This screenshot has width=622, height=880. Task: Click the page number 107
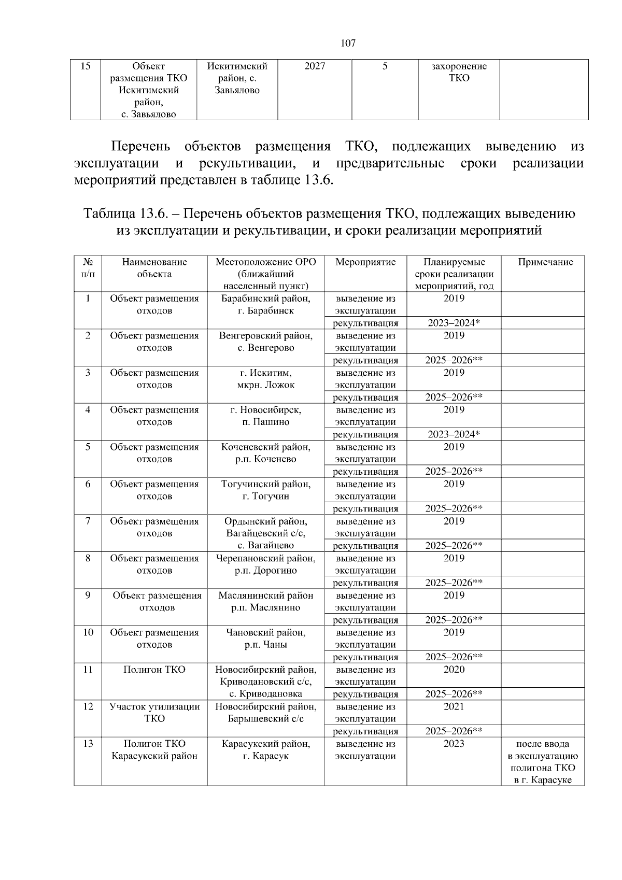click(x=348, y=43)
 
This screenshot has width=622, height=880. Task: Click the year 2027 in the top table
click(x=315, y=66)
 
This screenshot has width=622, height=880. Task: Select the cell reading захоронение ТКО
click(x=459, y=72)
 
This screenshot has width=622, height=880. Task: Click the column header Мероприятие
click(x=365, y=262)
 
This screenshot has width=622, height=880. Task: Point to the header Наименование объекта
click(x=154, y=268)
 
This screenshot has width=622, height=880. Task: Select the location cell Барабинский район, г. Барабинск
click(x=265, y=305)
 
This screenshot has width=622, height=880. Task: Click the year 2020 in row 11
click(x=454, y=670)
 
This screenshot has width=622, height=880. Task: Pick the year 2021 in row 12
click(x=454, y=707)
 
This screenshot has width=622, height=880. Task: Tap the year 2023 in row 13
click(x=454, y=744)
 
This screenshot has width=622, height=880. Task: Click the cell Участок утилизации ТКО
click(x=154, y=713)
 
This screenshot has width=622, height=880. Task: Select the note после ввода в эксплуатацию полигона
click(x=543, y=762)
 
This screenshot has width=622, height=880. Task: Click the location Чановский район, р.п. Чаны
click(x=265, y=638)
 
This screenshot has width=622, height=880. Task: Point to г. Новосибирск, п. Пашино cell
click(x=265, y=416)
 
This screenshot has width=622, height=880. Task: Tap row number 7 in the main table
click(x=88, y=521)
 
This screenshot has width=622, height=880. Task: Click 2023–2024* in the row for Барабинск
click(x=454, y=323)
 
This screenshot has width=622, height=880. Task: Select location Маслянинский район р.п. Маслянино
click(x=265, y=602)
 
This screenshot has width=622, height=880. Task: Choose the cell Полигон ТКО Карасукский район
click(x=154, y=750)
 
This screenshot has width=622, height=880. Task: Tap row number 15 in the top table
click(x=86, y=66)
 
